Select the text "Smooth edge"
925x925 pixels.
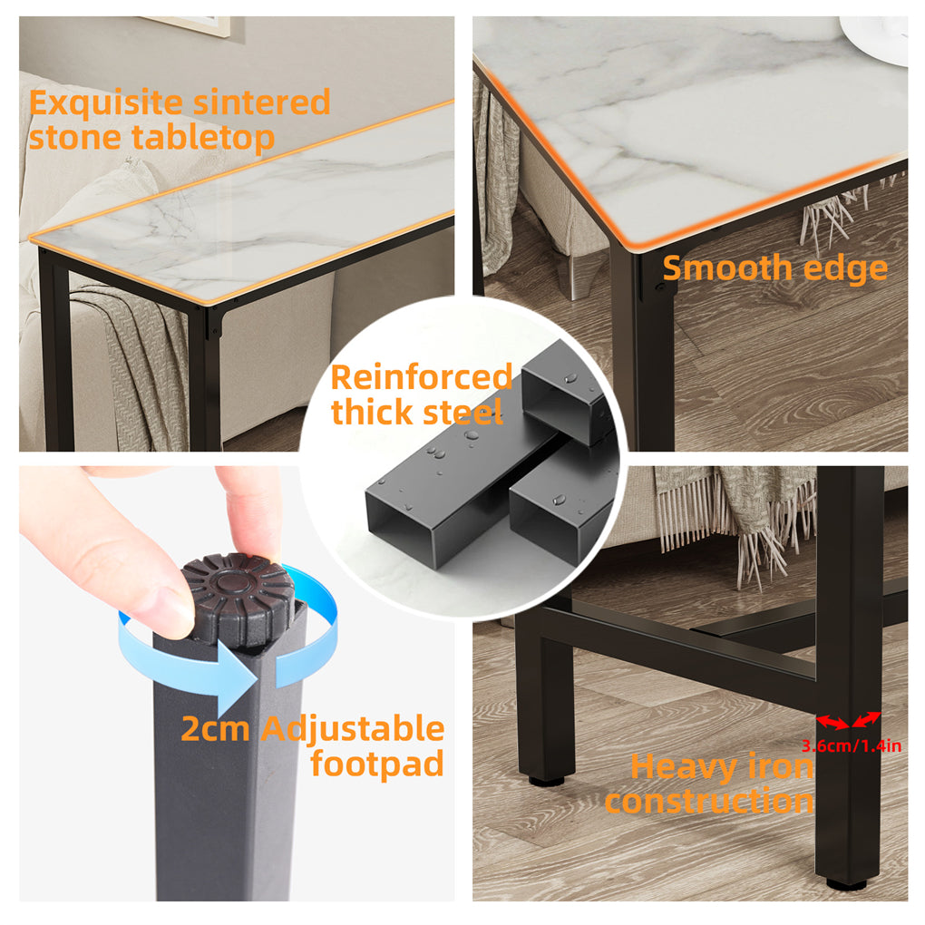(774, 268)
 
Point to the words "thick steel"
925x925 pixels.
(416, 413)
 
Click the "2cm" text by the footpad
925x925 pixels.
(214, 728)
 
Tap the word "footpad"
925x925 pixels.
(376, 764)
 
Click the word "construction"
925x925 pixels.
(709, 802)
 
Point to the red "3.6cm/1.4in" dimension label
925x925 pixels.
(851, 747)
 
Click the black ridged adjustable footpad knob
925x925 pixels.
(238, 597)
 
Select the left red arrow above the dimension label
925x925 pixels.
(832, 722)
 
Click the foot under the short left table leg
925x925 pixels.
(546, 779)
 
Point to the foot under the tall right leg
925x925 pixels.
(845, 883)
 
